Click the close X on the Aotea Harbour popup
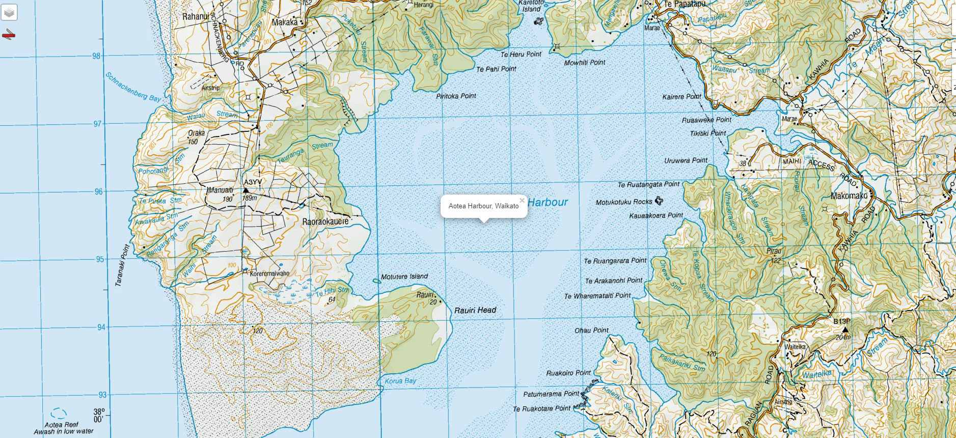point(522,200)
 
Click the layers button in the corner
point(9,12)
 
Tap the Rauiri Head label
point(475,310)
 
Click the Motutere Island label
point(404,277)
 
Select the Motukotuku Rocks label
point(624,202)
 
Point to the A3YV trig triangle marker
point(245,190)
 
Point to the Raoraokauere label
point(325,222)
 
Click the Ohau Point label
point(592,330)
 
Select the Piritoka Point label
point(456,96)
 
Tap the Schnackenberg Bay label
point(133,87)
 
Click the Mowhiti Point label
point(585,63)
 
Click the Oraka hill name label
point(196,133)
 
